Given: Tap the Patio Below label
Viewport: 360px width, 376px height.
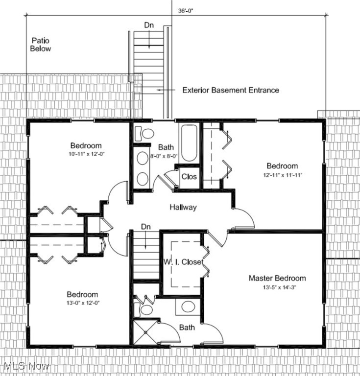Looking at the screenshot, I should [41, 45].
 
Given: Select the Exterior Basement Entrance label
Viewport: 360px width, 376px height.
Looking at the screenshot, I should [231, 90].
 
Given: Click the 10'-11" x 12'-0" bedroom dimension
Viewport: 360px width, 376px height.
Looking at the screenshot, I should [86, 154].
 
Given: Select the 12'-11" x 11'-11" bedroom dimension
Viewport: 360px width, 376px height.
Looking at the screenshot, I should [282, 175].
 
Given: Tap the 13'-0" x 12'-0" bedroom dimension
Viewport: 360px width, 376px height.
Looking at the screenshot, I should [82, 303].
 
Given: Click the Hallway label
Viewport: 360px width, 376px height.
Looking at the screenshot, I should [183, 207].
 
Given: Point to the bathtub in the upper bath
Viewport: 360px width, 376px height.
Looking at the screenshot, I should [188, 143].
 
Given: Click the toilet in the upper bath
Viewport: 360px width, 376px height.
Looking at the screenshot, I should [145, 133].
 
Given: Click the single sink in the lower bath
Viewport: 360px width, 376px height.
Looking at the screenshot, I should [187, 307].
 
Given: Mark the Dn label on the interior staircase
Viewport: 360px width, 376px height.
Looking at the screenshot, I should [145, 227].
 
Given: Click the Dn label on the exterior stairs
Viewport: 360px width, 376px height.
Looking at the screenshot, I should [149, 24].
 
